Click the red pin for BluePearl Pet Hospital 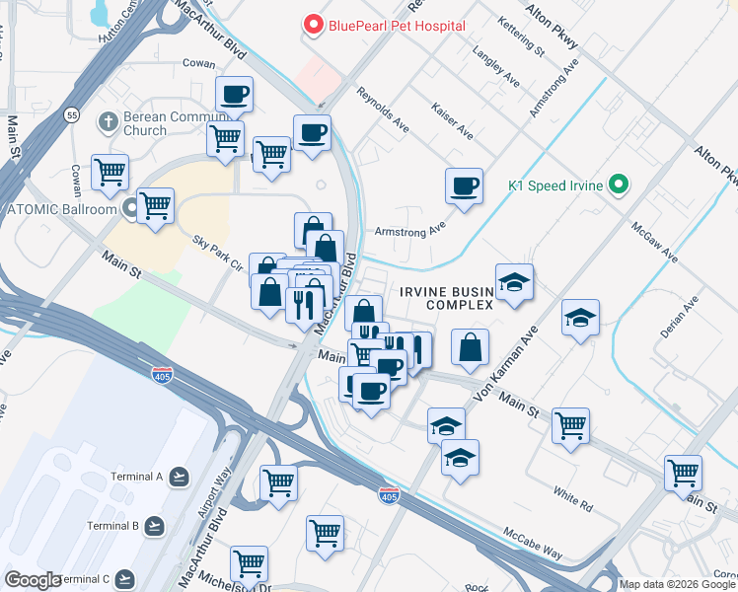(314, 24)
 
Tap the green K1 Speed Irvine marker (619, 184)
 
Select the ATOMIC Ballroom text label (61, 208)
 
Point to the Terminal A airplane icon (179, 478)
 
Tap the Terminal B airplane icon (155, 526)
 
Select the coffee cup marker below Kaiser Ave (464, 185)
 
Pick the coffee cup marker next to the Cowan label (235, 95)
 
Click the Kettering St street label (521, 35)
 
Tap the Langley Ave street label (494, 66)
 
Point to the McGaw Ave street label (656, 241)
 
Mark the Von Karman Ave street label (510, 361)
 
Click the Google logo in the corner (33, 580)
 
